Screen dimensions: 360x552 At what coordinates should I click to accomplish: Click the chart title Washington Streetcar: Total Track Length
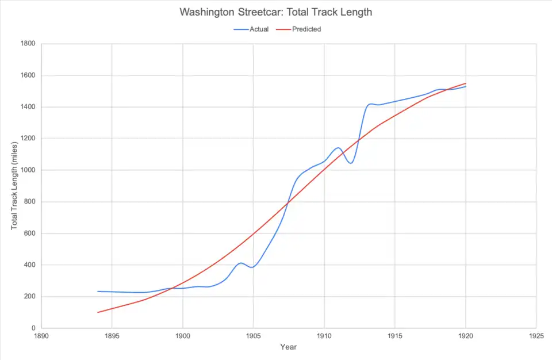click(275, 12)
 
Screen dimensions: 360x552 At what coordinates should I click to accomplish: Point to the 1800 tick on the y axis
click(28, 44)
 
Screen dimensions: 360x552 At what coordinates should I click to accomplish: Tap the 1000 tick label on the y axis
click(28, 170)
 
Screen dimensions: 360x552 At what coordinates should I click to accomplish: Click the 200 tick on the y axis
click(29, 297)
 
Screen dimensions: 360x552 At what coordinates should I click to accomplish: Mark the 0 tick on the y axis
click(33, 328)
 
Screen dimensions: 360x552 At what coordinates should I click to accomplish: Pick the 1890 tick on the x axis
click(41, 335)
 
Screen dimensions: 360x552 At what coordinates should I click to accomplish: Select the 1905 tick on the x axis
click(253, 335)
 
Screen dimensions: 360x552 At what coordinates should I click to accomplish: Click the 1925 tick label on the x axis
click(536, 335)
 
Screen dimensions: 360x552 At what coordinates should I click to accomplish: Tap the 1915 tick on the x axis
click(394, 335)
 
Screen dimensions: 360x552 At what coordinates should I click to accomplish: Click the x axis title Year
click(288, 347)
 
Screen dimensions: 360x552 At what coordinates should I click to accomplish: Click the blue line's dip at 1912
click(351, 163)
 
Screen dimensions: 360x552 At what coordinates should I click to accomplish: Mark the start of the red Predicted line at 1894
click(98, 312)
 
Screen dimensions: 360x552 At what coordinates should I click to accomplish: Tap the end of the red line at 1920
click(465, 83)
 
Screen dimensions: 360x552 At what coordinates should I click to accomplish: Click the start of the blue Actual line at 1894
click(98, 292)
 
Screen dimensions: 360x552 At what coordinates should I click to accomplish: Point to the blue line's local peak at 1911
click(338, 148)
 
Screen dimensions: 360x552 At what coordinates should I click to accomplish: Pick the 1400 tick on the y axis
click(28, 107)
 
